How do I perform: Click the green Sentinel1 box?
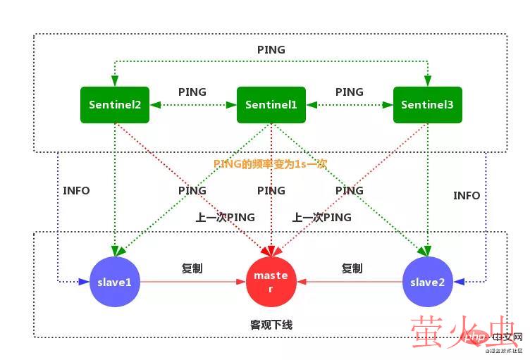(x=271, y=105)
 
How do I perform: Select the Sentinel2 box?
(x=115, y=105)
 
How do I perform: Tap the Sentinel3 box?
(x=427, y=105)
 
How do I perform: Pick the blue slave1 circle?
(x=115, y=282)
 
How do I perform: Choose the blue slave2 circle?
(x=427, y=282)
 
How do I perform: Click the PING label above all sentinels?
(x=271, y=50)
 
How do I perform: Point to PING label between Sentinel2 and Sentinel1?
(x=192, y=92)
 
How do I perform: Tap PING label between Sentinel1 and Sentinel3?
(x=349, y=92)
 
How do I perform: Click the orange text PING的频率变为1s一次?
(x=271, y=163)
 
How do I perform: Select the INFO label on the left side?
(x=76, y=190)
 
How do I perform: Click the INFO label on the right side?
(x=467, y=195)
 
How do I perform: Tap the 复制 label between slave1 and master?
(x=192, y=268)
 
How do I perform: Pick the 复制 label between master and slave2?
(x=352, y=268)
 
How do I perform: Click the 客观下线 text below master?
(x=271, y=325)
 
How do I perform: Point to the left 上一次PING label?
(x=226, y=218)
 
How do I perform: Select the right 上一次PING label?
(x=322, y=218)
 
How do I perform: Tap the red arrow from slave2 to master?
(x=349, y=282)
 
